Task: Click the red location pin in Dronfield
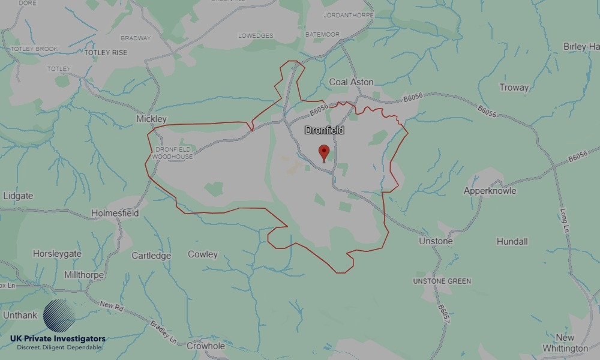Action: coord(324,152)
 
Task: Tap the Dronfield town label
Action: coord(325,130)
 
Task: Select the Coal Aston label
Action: coord(351,82)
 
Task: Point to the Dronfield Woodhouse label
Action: coord(172,152)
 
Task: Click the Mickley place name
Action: coord(151,119)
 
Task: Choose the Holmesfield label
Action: coord(115,213)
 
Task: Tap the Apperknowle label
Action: coord(490,191)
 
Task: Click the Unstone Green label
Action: coord(442,281)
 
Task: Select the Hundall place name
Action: coord(512,241)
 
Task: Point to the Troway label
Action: coord(514,88)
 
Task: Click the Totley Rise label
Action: coord(106,53)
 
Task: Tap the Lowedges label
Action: coord(255,35)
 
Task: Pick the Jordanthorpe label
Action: coord(348,14)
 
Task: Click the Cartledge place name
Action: coord(151,256)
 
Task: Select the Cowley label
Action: coord(203,254)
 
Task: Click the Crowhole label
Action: coord(206,346)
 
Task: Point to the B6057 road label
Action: coord(443,315)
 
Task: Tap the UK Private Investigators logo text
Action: coord(58,339)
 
